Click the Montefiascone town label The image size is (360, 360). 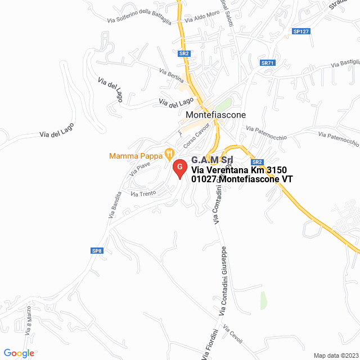click(x=215, y=114)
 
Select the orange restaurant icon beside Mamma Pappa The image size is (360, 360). click(x=168, y=152)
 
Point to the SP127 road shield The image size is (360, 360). click(x=301, y=31)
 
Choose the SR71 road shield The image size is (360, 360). click(x=267, y=63)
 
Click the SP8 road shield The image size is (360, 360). click(x=97, y=251)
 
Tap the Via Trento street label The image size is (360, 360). click(x=143, y=193)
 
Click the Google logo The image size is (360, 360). click(x=19, y=353)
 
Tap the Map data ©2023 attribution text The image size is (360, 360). click(x=335, y=355)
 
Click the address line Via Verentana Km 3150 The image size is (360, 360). click(x=239, y=170)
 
